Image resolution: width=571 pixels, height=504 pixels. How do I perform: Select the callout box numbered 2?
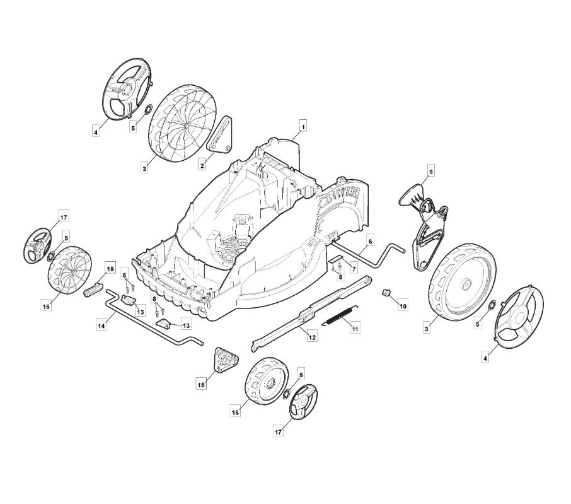202,165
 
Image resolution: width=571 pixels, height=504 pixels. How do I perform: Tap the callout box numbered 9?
431,172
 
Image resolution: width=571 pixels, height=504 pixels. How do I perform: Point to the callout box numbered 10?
403,306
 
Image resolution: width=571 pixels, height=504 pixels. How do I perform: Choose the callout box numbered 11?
355,329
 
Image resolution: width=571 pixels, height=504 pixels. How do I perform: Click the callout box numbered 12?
312,337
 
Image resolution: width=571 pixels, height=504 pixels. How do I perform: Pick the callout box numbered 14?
101,325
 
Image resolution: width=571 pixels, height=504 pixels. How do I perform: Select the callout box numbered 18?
110,269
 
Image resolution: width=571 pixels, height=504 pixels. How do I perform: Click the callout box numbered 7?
353,269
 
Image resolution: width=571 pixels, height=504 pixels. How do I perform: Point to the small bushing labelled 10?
386,292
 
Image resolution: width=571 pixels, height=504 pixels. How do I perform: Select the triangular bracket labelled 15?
225,360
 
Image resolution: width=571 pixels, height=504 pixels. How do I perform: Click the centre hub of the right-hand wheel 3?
465,284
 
